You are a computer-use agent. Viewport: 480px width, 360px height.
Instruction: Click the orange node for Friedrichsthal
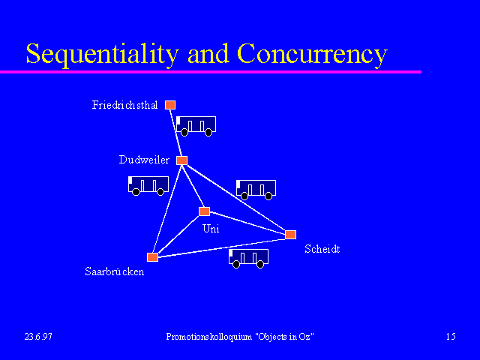[x=170, y=105]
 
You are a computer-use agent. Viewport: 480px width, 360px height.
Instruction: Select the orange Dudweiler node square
[x=181, y=160]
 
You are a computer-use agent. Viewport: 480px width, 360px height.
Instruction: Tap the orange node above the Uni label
[x=204, y=211]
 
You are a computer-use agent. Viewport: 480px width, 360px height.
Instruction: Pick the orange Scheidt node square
[x=290, y=235]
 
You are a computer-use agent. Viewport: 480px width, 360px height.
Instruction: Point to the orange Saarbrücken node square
[x=152, y=256]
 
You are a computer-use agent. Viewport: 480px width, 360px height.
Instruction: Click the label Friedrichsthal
[x=125, y=105]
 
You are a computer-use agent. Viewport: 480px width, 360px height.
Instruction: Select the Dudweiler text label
[x=144, y=160]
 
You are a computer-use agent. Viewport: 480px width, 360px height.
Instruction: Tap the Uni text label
[x=211, y=229]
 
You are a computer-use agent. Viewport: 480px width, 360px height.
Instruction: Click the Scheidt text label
[x=322, y=249]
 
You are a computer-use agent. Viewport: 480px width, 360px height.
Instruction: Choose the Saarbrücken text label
[x=115, y=271]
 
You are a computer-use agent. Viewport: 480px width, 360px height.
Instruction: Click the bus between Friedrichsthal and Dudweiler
[x=196, y=126]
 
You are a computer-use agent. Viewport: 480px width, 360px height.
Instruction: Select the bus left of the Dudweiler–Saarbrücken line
[x=148, y=185]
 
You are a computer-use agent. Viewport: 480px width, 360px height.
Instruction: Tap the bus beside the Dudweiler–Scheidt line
[x=256, y=190]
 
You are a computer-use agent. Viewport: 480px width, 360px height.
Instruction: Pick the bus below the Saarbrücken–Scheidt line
[x=248, y=258]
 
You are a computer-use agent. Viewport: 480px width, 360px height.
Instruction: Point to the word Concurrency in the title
[x=312, y=54]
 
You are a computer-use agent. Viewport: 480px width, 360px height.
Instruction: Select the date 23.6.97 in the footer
[x=38, y=337]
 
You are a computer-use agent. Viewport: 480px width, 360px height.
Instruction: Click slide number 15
[x=451, y=337]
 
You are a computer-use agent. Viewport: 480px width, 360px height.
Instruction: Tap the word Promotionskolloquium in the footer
[x=209, y=337]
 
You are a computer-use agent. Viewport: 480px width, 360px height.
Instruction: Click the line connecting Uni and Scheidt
[x=247, y=223]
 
